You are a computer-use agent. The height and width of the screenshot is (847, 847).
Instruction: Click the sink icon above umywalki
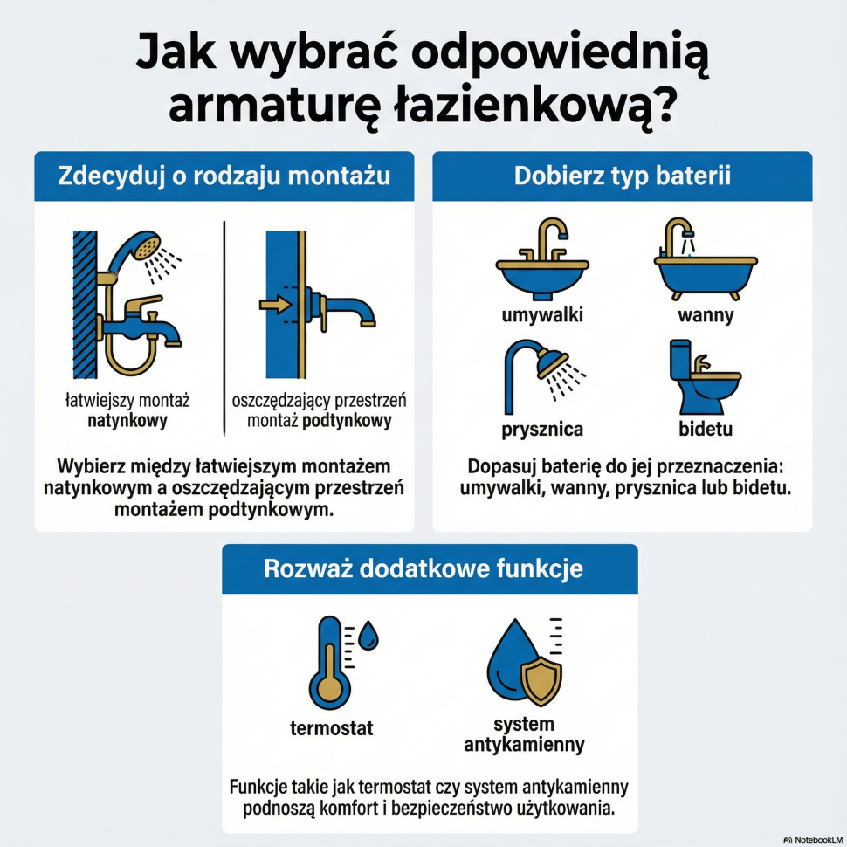point(541,267)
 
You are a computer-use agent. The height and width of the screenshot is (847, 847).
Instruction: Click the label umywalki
point(542,315)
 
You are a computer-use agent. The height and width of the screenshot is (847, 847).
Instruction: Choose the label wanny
point(706,315)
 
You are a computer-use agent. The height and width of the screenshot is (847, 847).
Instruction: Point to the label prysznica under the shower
point(542,430)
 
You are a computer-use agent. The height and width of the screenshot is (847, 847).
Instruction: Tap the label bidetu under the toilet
point(706,430)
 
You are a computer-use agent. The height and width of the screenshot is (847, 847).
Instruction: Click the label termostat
point(331,727)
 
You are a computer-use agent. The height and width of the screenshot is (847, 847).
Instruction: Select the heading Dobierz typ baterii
point(622,176)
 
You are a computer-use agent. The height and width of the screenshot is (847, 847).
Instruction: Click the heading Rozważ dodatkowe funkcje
point(423,569)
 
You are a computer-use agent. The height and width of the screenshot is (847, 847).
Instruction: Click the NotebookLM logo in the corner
point(812,839)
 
